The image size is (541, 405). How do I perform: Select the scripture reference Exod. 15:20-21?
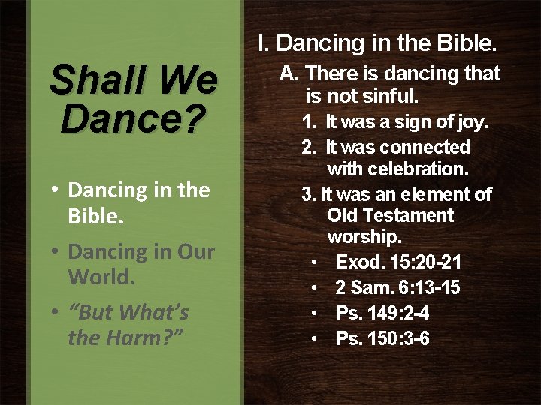398,262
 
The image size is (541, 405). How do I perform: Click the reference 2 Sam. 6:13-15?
397,288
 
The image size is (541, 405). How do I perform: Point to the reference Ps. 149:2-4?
382,313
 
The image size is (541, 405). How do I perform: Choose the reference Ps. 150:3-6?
382,339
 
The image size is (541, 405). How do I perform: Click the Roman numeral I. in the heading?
263,43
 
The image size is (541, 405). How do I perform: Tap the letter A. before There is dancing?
289,73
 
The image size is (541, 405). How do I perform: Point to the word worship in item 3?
364,237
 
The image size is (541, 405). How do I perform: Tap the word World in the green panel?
101,277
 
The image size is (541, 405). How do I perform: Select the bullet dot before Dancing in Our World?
56,252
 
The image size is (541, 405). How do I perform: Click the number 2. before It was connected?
308,147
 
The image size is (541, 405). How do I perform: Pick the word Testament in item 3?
407,216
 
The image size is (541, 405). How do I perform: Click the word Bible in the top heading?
465,43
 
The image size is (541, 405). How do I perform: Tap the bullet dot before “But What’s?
56,313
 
